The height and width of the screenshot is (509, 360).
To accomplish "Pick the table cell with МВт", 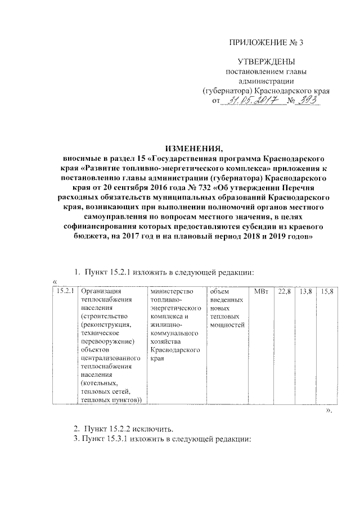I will coord(261,291).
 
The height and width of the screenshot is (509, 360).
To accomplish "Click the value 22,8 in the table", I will coord(285,291).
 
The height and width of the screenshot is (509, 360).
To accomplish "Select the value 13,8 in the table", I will coord(306,291).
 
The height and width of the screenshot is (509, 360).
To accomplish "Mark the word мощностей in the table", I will coord(227,325).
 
